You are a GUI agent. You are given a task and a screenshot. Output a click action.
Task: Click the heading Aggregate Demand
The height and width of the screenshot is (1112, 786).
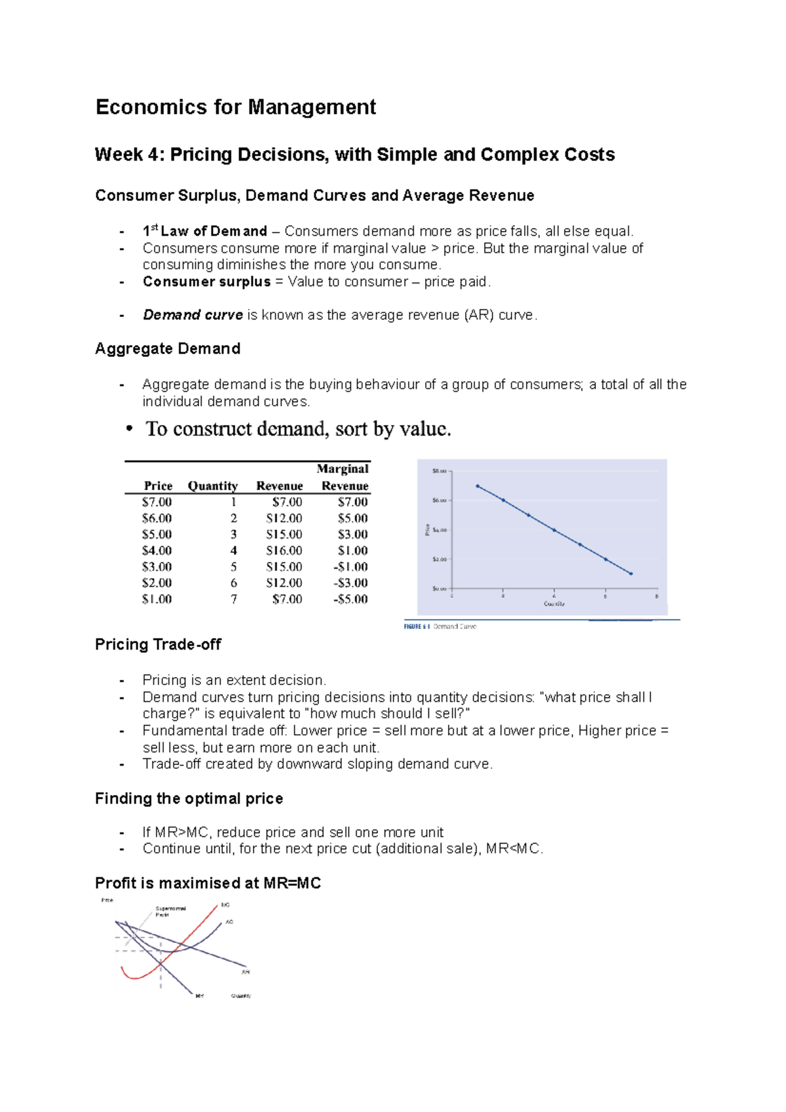tap(168, 349)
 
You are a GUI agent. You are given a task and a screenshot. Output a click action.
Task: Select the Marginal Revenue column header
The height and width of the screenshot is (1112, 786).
tap(343, 477)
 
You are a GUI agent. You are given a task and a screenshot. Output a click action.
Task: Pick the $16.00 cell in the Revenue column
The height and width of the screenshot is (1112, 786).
tap(284, 551)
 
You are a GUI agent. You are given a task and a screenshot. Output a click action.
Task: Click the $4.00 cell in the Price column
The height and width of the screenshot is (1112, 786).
tap(157, 551)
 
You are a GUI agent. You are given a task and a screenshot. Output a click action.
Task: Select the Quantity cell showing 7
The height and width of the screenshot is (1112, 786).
tap(234, 599)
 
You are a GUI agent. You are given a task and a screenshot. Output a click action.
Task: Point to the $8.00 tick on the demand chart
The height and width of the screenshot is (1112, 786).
tap(439, 471)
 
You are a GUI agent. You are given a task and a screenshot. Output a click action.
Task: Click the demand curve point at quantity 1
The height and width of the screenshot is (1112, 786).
tap(477, 486)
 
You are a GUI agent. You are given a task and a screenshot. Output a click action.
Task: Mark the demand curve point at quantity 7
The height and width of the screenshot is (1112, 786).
tap(631, 574)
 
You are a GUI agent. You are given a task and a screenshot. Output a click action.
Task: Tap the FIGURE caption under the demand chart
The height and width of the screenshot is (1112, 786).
tap(440, 627)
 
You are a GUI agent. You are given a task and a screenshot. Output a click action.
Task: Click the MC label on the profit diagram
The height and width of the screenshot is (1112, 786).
tap(225, 904)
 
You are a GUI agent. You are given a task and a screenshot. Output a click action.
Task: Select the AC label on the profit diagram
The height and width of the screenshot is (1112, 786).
tap(229, 921)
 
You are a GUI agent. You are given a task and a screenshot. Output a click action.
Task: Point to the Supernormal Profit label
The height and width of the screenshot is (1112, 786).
tap(170, 911)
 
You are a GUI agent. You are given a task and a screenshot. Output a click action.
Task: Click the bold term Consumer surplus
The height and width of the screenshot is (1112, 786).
tap(206, 282)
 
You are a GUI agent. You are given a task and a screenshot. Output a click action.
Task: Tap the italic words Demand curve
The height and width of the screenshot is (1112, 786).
tap(193, 316)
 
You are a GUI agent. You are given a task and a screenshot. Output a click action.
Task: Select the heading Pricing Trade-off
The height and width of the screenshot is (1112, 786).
tap(158, 645)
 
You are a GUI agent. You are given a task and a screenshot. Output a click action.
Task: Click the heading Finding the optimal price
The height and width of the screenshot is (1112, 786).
tap(189, 799)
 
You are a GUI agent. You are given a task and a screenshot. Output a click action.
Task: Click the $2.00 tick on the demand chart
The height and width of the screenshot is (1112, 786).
tap(439, 559)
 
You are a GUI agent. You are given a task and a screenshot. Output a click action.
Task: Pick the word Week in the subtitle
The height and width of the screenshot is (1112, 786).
tap(119, 155)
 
